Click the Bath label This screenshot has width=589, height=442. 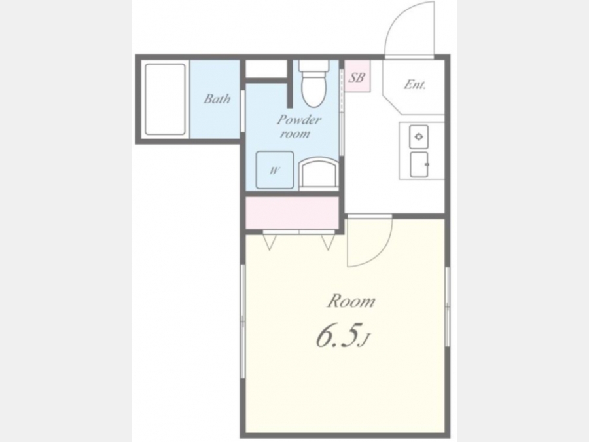(x=217, y=99)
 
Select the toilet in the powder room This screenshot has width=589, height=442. (x=313, y=83)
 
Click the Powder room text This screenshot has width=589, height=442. (x=298, y=126)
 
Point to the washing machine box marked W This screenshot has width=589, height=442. (x=275, y=170)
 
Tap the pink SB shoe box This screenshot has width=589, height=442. (x=357, y=77)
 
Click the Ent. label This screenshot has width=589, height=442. (x=415, y=84)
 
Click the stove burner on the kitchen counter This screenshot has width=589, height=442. (x=419, y=137)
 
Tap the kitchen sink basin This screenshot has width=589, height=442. (x=419, y=164)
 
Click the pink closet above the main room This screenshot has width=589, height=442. (x=293, y=213)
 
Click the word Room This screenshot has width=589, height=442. (x=351, y=301)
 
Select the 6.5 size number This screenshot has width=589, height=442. (x=336, y=336)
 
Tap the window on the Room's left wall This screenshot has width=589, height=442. (x=243, y=322)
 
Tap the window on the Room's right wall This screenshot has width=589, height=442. (x=448, y=306)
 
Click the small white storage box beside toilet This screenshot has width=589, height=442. (x=266, y=69)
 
